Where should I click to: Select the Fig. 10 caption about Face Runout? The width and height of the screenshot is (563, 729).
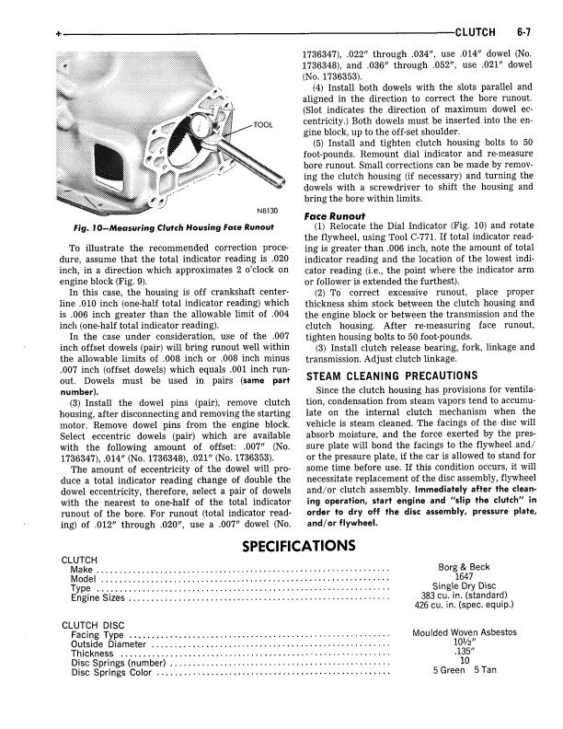click(x=171, y=227)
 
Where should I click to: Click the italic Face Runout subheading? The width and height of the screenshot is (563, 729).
click(x=334, y=216)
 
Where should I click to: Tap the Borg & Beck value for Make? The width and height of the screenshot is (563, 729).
click(x=465, y=568)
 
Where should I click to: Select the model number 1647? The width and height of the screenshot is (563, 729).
click(x=465, y=577)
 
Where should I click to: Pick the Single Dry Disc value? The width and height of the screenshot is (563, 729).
click(x=465, y=587)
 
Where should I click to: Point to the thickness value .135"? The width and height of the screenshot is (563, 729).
click(x=465, y=652)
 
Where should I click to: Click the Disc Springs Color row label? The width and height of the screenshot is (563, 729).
click(x=111, y=672)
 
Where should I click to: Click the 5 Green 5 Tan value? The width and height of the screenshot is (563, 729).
click(x=465, y=670)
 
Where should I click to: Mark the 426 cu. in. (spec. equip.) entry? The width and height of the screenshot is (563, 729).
click(x=465, y=606)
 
